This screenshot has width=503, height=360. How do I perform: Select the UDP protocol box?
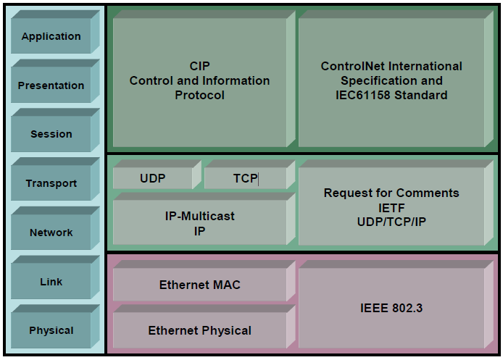click(x=157, y=175)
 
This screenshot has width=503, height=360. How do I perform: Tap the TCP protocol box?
click(x=249, y=175)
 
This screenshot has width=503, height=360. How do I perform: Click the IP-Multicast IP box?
click(x=204, y=219)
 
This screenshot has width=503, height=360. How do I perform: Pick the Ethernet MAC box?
click(x=204, y=281)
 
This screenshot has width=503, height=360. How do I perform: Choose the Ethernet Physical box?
click(x=204, y=327)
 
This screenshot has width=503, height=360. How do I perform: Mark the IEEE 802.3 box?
click(x=396, y=304)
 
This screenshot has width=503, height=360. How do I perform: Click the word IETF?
click(x=391, y=209)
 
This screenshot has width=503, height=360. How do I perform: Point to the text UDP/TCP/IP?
click(x=391, y=222)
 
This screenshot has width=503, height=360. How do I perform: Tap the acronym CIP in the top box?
click(x=199, y=66)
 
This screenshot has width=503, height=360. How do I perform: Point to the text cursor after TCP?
click(x=258, y=179)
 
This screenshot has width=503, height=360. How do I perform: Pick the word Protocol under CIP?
click(x=199, y=95)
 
